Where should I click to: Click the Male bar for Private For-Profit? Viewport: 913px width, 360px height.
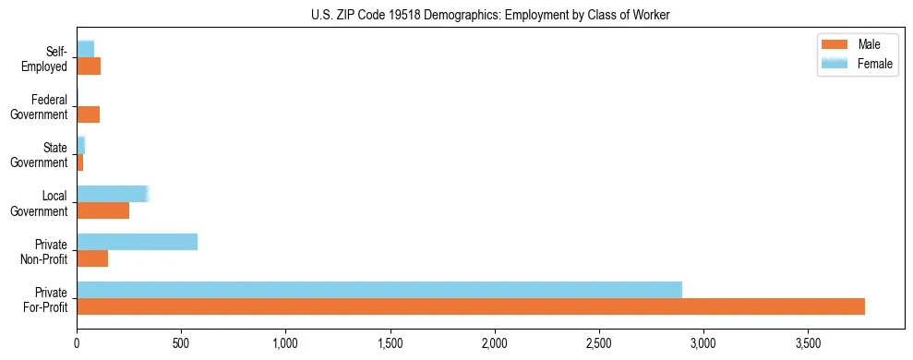(x=471, y=306)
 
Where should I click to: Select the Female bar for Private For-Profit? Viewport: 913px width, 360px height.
(x=379, y=289)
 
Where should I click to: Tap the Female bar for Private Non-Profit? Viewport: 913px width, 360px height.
(x=137, y=242)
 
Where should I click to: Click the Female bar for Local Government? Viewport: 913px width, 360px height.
(x=112, y=194)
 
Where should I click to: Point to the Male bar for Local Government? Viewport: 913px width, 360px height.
(x=102, y=210)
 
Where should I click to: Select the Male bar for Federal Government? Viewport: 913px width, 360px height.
(x=88, y=114)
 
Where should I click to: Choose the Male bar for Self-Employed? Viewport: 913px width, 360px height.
(x=89, y=66)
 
